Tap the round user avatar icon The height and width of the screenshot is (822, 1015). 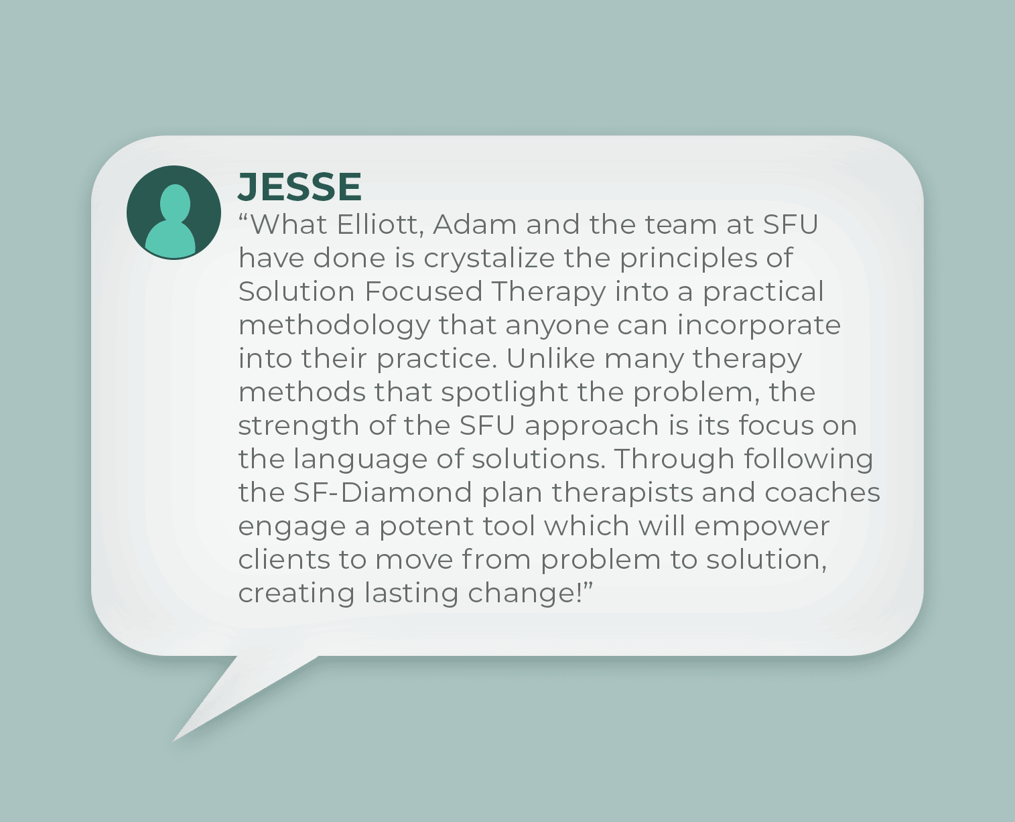click(x=174, y=212)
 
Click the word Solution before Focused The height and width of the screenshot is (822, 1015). click(x=296, y=291)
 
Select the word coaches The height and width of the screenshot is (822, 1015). click(x=822, y=492)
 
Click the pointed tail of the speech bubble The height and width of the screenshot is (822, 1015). click(x=172, y=741)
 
